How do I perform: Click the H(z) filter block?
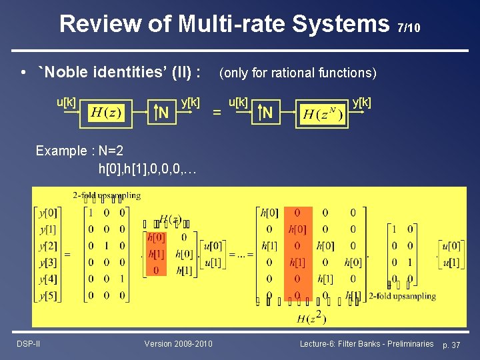click(x=105, y=112)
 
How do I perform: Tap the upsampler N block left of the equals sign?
click(x=162, y=113)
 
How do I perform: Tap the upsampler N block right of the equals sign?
click(x=267, y=113)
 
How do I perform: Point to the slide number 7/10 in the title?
click(x=409, y=28)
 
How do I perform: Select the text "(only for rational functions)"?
click(x=297, y=73)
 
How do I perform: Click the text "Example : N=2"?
click(x=79, y=151)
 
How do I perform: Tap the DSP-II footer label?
click(x=27, y=343)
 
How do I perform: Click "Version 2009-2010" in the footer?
click(x=178, y=343)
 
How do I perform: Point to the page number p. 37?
click(x=451, y=344)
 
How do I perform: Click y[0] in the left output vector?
click(x=48, y=213)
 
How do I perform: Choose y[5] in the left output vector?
click(x=48, y=295)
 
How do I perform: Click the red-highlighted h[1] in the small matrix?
click(x=155, y=254)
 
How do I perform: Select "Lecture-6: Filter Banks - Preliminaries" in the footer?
click(x=367, y=343)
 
